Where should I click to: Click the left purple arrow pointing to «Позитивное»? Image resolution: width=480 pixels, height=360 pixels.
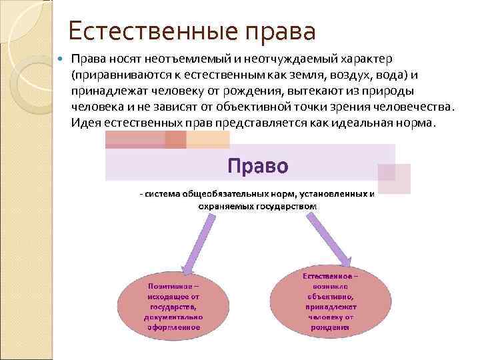201,244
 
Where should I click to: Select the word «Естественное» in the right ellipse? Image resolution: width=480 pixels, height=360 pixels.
331,275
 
